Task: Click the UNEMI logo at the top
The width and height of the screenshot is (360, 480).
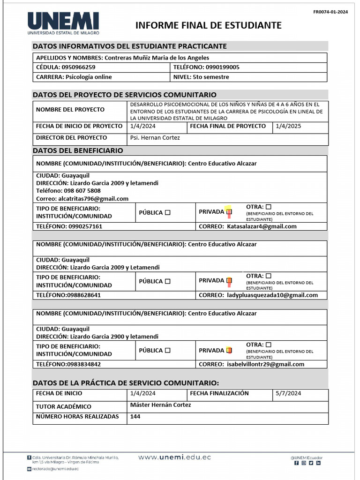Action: tap(63, 23)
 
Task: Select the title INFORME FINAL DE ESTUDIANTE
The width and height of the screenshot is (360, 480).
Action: tap(209, 25)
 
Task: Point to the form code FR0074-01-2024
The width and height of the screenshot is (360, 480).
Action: tap(330, 12)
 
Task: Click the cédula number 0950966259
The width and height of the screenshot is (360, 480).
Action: tap(78, 67)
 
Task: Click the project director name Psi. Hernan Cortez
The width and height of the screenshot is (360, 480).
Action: tap(155, 138)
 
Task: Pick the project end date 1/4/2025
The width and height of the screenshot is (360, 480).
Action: tap(288, 126)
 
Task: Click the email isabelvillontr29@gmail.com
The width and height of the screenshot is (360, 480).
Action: tap(265, 364)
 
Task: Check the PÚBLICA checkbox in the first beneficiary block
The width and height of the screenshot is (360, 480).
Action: tap(168, 212)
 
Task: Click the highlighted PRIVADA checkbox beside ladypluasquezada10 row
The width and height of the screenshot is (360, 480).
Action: tap(229, 281)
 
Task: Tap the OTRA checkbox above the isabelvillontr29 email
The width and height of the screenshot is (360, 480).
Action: tap(268, 345)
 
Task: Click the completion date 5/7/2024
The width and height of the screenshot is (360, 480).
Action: tap(288, 393)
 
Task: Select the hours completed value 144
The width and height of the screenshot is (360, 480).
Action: tap(135, 416)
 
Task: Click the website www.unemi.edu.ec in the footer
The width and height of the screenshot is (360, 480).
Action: tap(174, 457)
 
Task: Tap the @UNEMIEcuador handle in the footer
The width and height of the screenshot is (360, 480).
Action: tap(307, 457)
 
